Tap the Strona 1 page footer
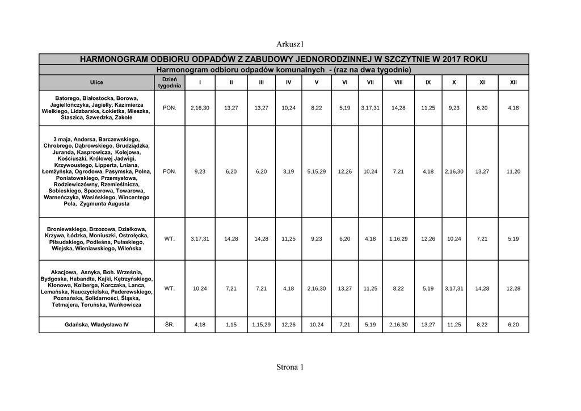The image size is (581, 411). pyautogui.click(x=290, y=367)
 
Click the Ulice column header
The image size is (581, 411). pyautogui.click(x=96, y=82)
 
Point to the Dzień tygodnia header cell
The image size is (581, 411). pyautogui.click(x=170, y=82)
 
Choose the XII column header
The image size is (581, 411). pyautogui.click(x=513, y=82)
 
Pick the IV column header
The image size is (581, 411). pyautogui.click(x=288, y=82)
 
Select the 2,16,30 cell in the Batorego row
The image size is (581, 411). pyautogui.click(x=200, y=107)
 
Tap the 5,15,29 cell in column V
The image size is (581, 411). pyautogui.click(x=316, y=171)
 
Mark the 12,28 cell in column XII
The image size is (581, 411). pyautogui.click(x=513, y=288)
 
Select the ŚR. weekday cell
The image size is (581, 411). pyautogui.click(x=170, y=325)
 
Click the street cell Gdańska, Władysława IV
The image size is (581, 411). pyautogui.click(x=96, y=325)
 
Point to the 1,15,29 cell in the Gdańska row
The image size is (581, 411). pyautogui.click(x=261, y=325)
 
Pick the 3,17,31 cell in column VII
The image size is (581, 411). pyautogui.click(x=371, y=107)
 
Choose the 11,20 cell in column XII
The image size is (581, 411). pyautogui.click(x=513, y=171)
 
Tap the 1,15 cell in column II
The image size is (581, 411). pyautogui.click(x=231, y=325)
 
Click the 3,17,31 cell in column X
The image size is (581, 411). pyautogui.click(x=454, y=288)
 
